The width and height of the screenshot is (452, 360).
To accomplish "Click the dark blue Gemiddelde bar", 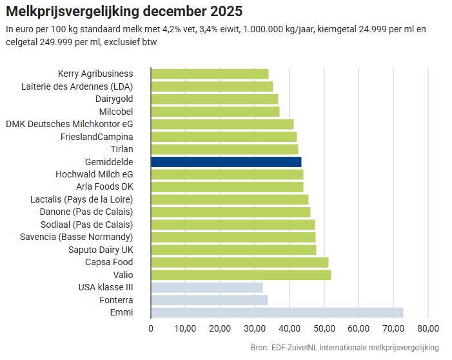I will coord(226,162).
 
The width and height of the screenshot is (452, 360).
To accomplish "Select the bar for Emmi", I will coord(277,312).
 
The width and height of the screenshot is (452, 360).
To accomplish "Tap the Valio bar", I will coord(241,275).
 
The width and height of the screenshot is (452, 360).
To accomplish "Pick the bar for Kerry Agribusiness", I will coord(210,74).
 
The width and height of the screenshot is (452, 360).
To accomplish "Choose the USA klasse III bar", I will coord(206,287).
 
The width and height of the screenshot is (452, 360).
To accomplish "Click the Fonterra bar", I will coord(209,300).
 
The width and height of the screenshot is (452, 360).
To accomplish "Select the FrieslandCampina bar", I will coord(224,137).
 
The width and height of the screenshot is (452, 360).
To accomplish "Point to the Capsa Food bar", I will coord(239,262).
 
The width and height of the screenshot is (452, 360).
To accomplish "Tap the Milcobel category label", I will coord(116,112).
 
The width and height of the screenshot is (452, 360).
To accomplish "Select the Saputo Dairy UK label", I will coord(101,250).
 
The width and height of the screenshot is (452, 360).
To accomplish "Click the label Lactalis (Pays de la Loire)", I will coord(82,199).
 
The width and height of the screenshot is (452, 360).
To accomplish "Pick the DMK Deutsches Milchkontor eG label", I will coord(70,124).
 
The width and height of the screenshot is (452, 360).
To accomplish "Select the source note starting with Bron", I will coord(344,348).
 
